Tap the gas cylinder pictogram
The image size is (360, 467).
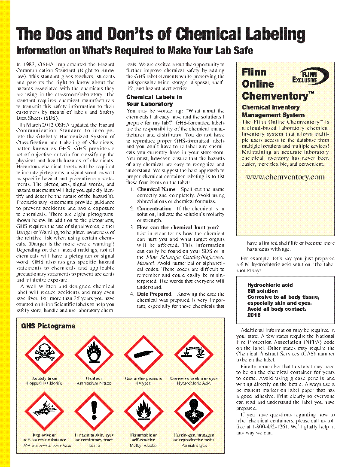143,355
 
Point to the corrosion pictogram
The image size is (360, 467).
194,355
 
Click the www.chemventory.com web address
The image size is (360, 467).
285,177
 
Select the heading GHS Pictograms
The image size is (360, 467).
48,326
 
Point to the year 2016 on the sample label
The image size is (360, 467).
254,315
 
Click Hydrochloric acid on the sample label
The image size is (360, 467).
270,285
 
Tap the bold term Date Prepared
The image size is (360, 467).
154,294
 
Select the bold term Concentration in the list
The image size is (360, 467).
154,209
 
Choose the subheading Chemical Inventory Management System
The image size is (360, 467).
274,111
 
